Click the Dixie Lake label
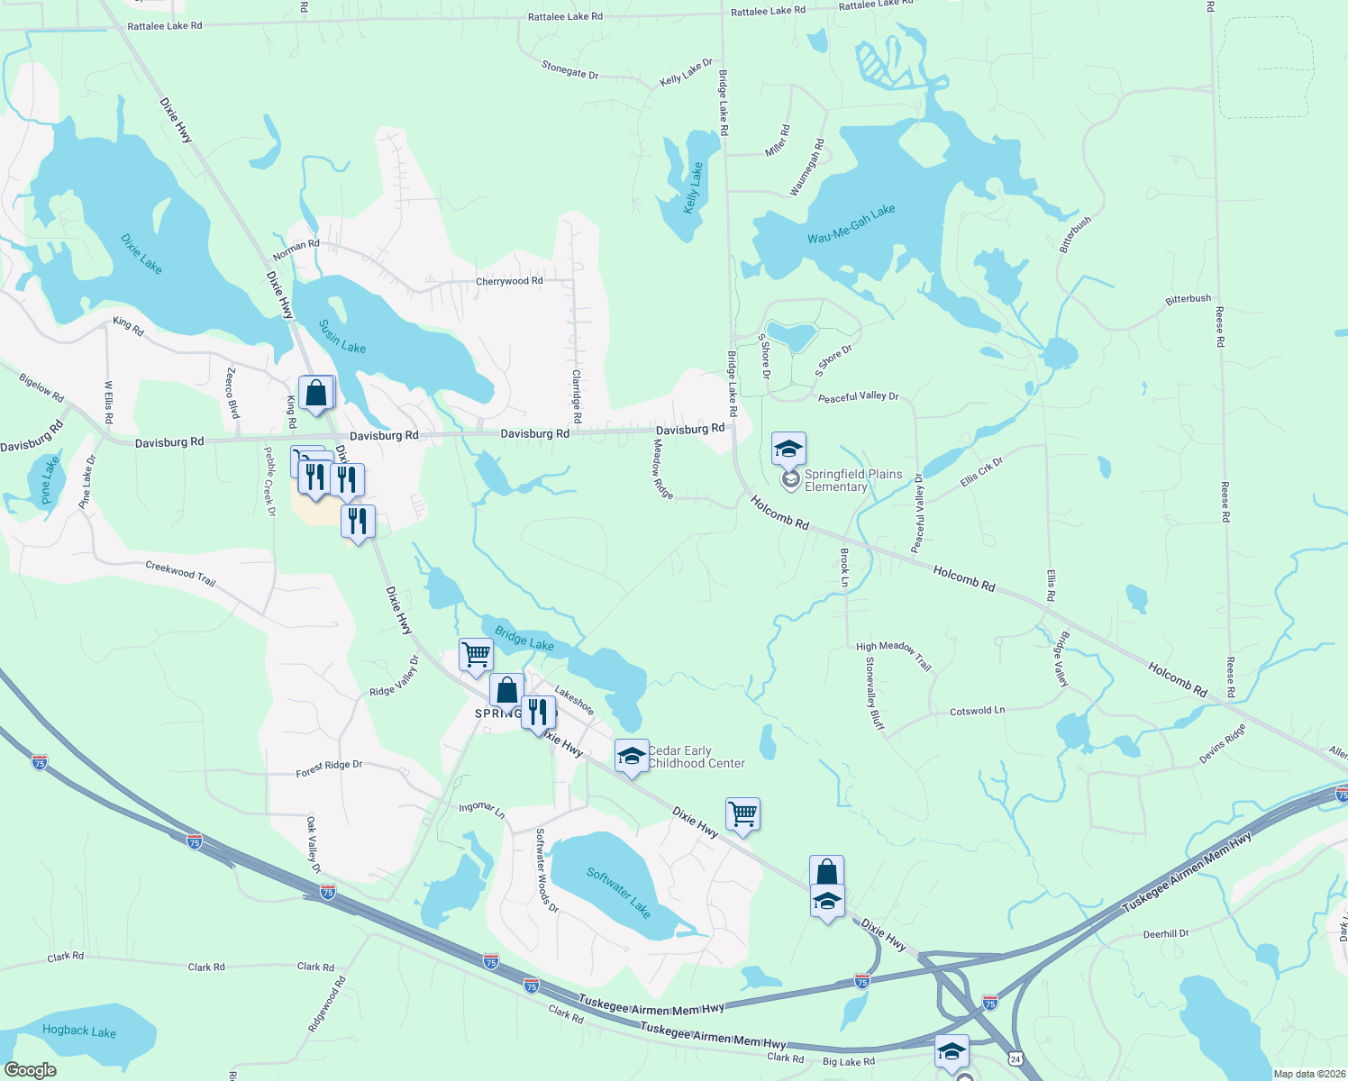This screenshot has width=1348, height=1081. [141, 254]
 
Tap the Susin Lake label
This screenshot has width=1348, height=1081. [342, 336]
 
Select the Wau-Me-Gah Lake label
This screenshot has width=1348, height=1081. [852, 224]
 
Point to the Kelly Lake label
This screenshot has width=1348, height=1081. [692, 187]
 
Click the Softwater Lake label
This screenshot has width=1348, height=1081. [618, 892]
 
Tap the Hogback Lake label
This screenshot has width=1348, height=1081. [79, 1031]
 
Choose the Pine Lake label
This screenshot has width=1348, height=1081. [50, 479]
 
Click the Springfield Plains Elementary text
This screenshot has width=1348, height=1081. [852, 480]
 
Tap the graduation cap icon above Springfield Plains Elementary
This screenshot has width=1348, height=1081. [788, 448]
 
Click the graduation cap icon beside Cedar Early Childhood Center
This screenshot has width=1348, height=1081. [632, 756]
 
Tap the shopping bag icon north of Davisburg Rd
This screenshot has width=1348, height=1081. [316, 393]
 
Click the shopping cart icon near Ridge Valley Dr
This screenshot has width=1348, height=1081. [475, 654]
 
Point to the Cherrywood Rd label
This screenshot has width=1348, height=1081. [509, 281]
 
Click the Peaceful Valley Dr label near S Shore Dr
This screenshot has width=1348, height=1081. [858, 397]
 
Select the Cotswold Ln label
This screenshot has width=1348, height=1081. [977, 712]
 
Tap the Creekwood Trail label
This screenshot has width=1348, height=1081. [180, 574]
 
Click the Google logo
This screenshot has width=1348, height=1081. [30, 1069]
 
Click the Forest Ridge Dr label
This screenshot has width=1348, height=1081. [329, 768]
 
